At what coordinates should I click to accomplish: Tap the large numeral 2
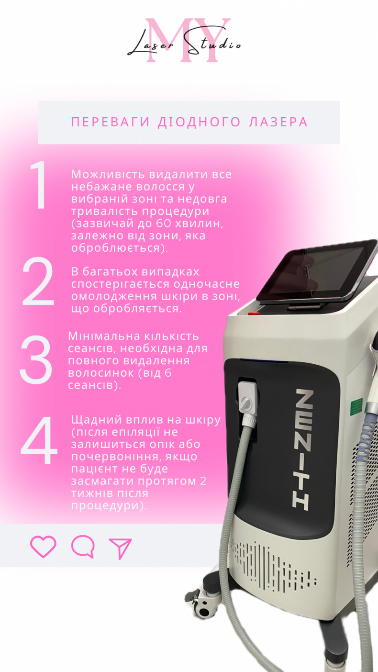click(x=38, y=281)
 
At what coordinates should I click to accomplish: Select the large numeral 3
click(x=36, y=359)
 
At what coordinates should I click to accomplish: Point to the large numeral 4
click(x=39, y=440)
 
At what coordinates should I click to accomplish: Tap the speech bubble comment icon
click(x=83, y=547)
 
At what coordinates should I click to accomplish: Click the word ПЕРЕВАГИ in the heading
click(x=111, y=123)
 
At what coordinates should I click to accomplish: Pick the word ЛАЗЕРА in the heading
click(x=278, y=123)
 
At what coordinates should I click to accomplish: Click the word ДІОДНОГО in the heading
click(x=199, y=123)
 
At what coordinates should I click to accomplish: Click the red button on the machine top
click(x=254, y=314)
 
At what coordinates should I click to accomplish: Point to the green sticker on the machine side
click(x=356, y=409)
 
